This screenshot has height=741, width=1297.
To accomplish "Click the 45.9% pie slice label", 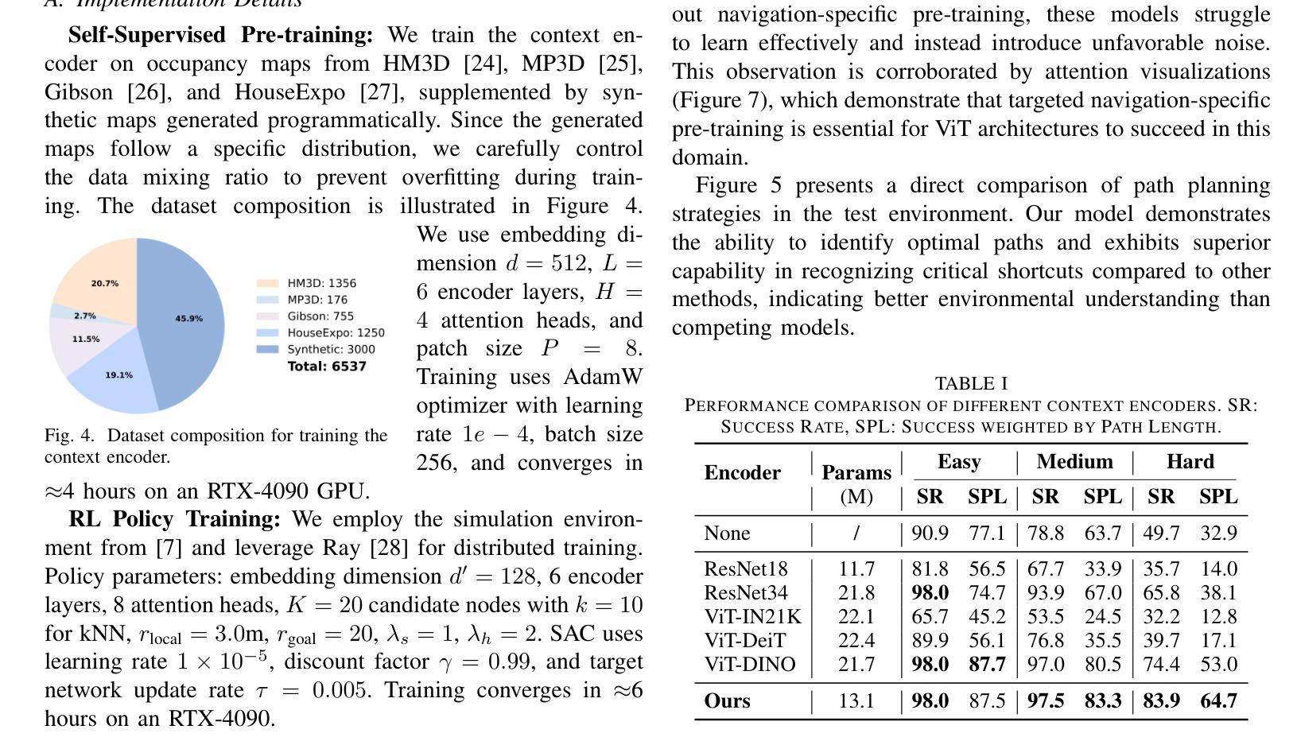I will click(x=188, y=319).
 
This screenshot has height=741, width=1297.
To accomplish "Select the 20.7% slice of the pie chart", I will click(x=105, y=283).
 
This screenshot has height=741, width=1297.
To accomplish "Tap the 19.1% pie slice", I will click(x=119, y=375).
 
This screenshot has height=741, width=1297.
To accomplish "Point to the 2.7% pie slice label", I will click(x=85, y=316).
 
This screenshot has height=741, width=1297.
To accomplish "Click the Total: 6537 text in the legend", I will click(x=327, y=367).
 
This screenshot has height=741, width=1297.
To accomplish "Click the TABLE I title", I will click(x=971, y=383).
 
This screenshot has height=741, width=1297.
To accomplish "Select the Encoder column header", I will click(x=742, y=473).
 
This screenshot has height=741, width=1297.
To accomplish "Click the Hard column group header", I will click(x=1190, y=462).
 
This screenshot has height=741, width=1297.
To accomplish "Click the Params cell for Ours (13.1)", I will click(x=856, y=701).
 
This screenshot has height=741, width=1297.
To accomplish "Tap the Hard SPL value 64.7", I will click(x=1217, y=701).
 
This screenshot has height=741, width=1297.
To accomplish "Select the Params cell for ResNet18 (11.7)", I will click(x=856, y=569).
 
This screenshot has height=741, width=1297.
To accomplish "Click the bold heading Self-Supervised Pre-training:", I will click(x=220, y=36).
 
